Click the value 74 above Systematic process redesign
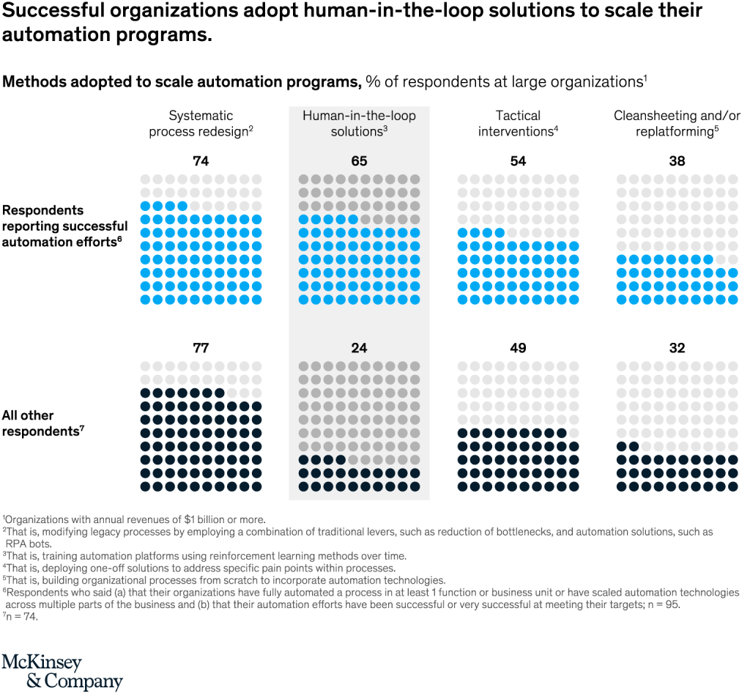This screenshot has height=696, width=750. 201,161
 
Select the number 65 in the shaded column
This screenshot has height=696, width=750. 359,161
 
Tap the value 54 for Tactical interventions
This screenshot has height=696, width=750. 518,161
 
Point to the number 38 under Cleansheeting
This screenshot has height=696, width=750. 677,161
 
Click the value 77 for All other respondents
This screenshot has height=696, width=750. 201,348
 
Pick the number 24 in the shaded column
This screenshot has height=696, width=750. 359,348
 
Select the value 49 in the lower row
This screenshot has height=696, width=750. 518,348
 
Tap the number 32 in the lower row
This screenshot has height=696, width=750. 677,348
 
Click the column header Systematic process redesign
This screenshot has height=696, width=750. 201,123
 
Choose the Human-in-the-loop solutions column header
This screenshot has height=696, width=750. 359,123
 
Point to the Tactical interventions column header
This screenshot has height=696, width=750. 518,123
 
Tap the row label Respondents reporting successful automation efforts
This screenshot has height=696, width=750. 64,225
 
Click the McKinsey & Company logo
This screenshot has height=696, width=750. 62,671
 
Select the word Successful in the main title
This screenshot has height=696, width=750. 56,11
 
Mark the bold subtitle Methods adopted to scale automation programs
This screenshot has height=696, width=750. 182,81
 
